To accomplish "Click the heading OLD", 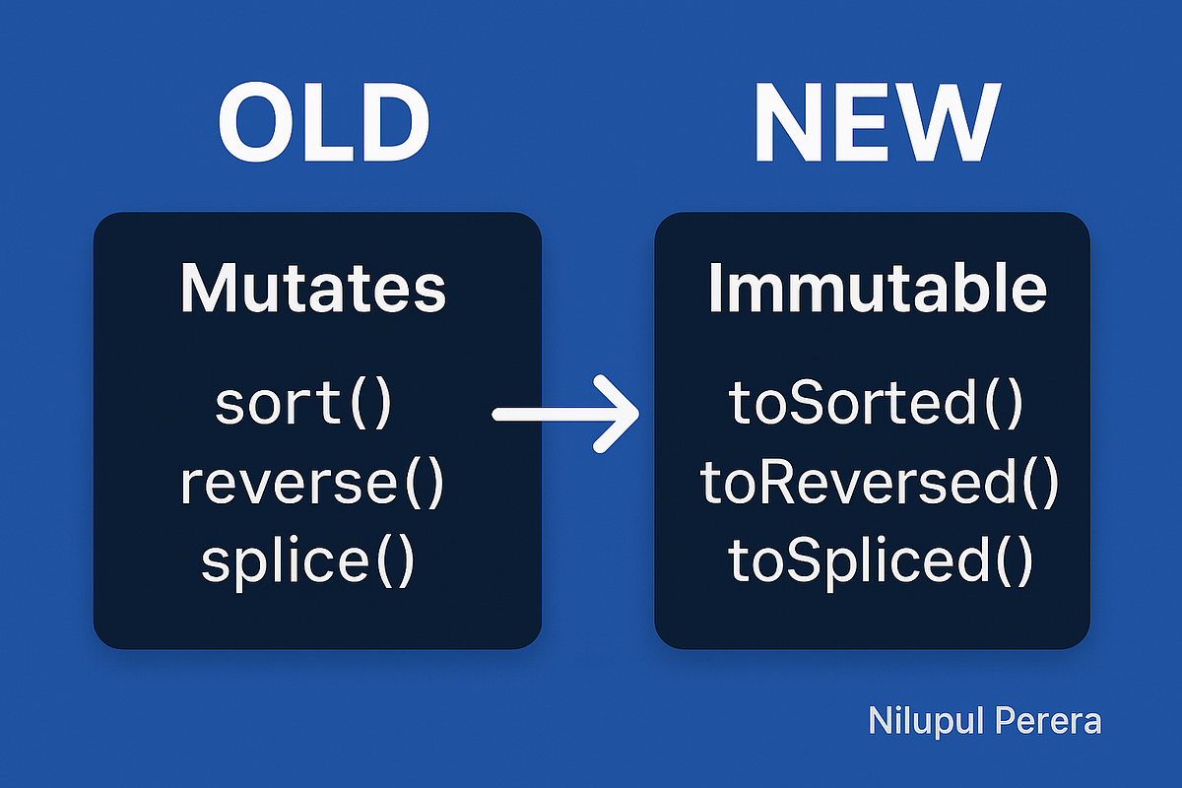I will point(323,125).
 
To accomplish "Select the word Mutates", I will point(313,289).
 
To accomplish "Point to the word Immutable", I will point(877,289).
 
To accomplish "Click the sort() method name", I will point(303,405).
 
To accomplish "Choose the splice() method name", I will point(307,561).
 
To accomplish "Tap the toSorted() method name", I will point(876,405).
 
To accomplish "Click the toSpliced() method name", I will point(881,561).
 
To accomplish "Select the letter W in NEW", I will point(949,125).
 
